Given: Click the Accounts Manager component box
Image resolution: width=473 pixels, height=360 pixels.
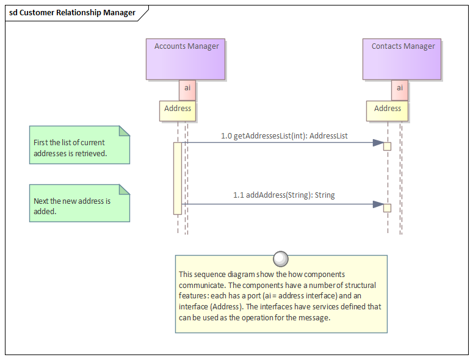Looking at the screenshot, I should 186,59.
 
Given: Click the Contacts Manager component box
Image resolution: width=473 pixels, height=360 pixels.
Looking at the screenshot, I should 402,59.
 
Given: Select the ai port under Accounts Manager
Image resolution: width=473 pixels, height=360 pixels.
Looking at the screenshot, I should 187,89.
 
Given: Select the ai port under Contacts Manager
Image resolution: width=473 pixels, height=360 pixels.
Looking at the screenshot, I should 400,89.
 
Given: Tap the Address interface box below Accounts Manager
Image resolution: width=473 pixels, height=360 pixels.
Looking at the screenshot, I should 178,110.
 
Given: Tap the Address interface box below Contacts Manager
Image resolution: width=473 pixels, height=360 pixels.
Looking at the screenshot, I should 388,110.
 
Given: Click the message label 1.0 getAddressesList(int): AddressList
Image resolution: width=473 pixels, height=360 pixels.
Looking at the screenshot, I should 284,136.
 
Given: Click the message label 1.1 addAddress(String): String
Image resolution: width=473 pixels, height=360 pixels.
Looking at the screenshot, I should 284,195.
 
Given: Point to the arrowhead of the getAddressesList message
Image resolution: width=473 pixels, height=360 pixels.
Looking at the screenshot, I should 378,143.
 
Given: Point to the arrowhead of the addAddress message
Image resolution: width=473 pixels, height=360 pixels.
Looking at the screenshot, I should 378,204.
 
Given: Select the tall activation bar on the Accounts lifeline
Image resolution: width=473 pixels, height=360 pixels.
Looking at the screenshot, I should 178,178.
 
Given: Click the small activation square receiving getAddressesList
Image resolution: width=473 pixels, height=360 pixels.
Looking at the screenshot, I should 387,146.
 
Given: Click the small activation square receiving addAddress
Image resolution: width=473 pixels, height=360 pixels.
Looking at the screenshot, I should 387,208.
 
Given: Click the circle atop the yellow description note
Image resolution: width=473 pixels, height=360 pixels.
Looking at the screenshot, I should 281,259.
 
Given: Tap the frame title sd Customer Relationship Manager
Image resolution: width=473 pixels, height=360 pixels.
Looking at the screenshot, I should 73,13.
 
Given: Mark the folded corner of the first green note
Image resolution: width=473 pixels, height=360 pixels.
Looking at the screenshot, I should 125,130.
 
